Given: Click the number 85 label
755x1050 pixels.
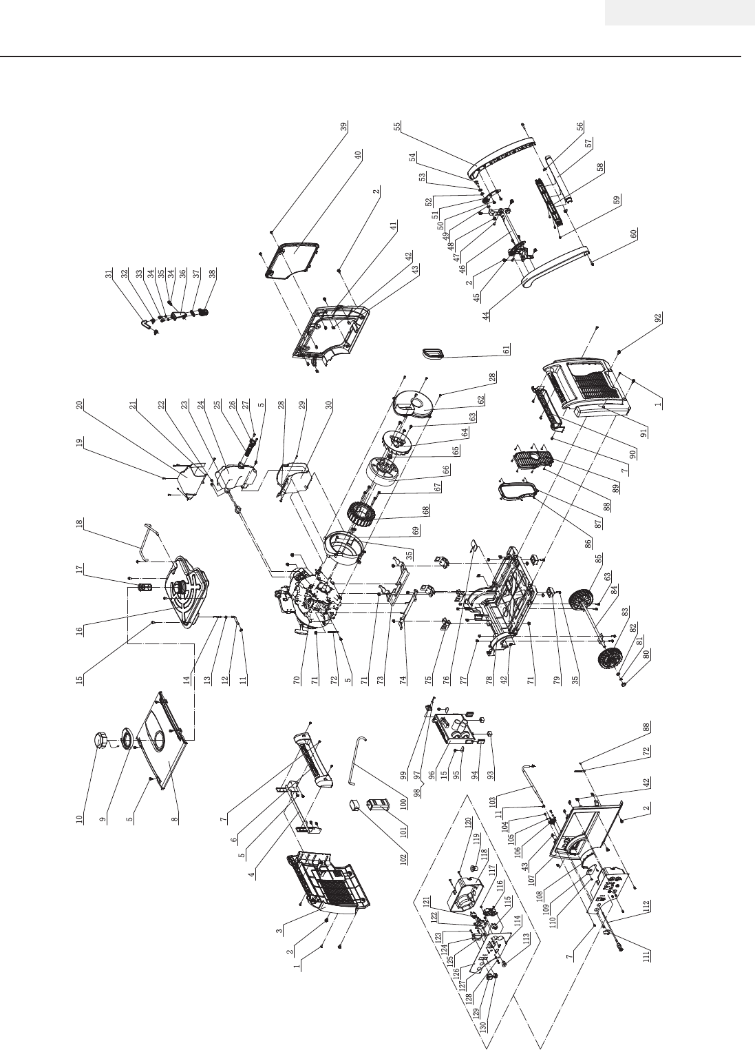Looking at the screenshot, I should pos(599,557).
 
